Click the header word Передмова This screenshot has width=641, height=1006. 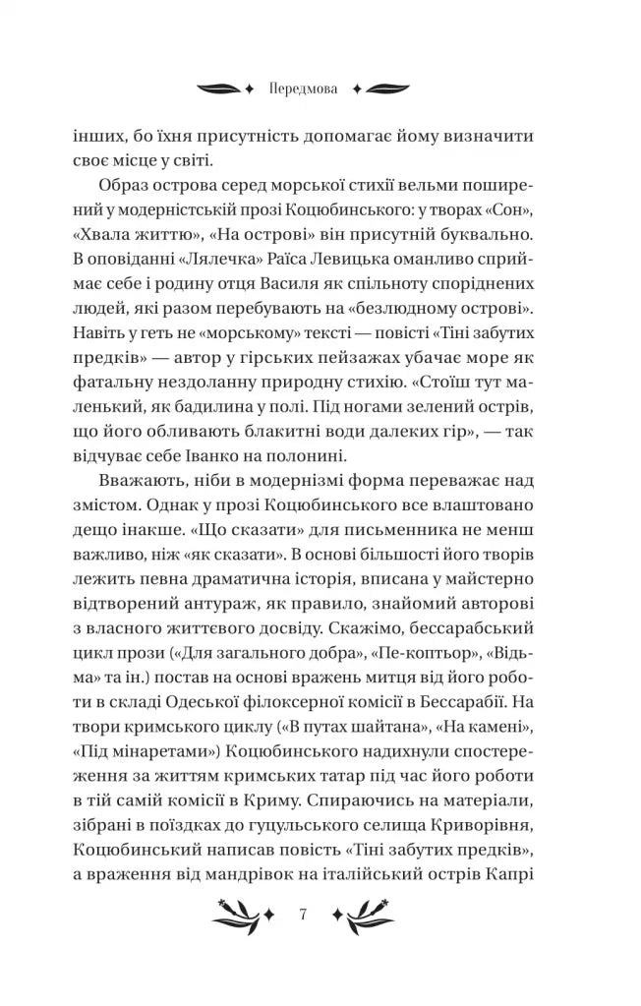click(x=303, y=88)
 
